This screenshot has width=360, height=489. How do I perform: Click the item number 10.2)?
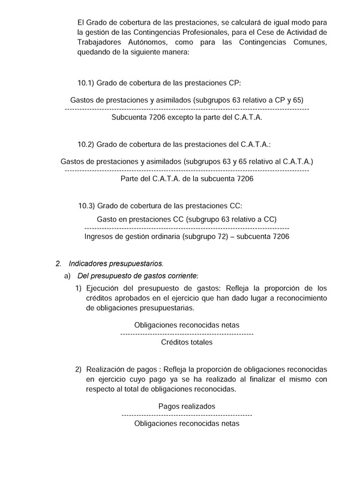(x=85, y=145)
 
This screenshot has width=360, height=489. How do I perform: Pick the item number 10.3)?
(x=86, y=206)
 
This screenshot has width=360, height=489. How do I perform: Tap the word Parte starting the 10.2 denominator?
(x=130, y=179)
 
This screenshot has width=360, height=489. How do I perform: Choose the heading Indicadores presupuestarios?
(x=116, y=263)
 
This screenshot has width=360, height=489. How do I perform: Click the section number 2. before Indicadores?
(x=58, y=263)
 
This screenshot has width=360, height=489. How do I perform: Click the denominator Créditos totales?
(x=187, y=342)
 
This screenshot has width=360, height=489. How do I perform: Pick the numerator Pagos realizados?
(x=187, y=406)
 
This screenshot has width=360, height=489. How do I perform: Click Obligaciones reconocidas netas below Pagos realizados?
(x=187, y=423)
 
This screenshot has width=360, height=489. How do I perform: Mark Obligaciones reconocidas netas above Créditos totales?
(x=187, y=325)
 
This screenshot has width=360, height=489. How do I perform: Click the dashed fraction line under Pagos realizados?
(x=187, y=415)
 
